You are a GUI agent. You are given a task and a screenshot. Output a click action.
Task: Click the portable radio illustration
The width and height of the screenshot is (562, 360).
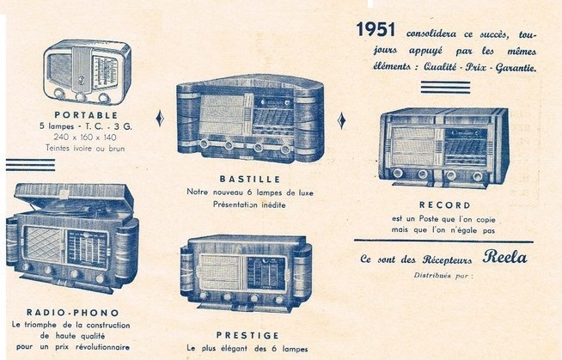(84, 71)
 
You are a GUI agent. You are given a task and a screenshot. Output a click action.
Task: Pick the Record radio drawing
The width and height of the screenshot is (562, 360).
(443, 147)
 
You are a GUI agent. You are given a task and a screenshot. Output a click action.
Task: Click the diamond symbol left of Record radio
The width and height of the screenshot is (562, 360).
(341, 120)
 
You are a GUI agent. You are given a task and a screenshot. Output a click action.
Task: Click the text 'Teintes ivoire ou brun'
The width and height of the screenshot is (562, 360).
(85, 146)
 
